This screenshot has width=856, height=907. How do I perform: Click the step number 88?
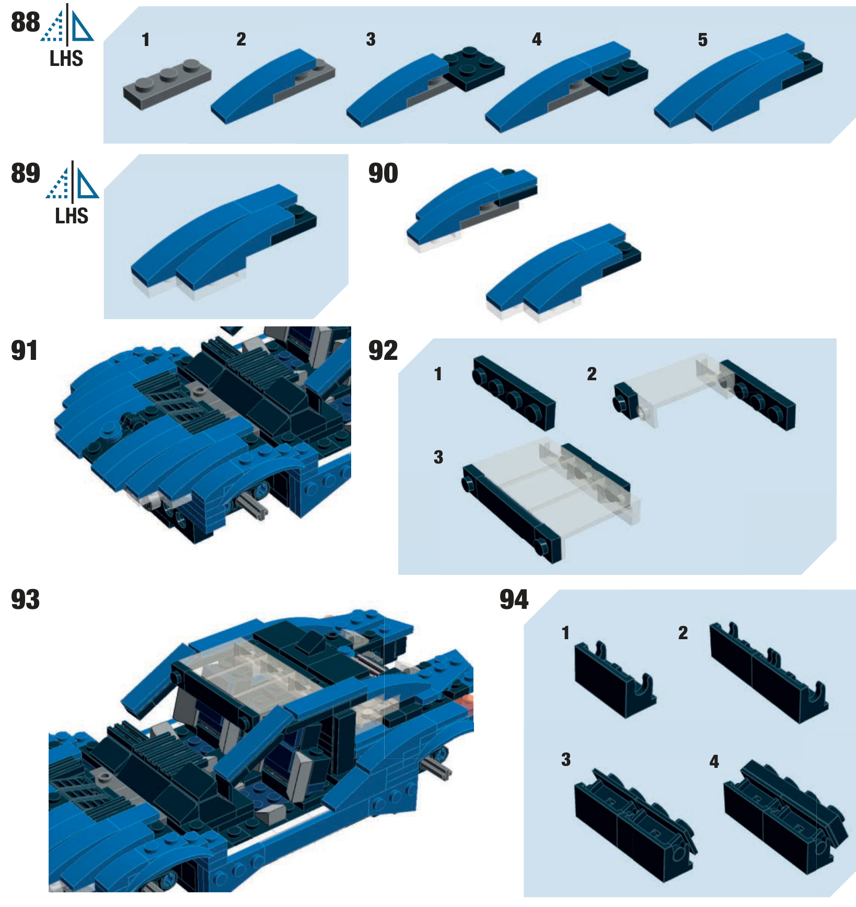tap(25, 22)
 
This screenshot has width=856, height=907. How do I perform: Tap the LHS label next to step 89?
tap(72, 216)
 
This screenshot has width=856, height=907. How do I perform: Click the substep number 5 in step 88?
tap(702, 40)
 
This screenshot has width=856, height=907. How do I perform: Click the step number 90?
tap(383, 173)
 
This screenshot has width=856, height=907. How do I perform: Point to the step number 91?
tap(25, 350)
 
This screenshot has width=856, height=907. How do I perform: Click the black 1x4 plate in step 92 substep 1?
tap(514, 392)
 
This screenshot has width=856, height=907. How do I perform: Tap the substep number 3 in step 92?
tap(438, 457)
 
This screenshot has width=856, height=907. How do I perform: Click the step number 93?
tap(25, 599)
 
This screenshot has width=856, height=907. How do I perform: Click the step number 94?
tap(514, 599)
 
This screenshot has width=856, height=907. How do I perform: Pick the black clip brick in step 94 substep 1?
tap(614, 683)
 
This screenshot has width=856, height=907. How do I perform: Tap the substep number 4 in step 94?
tap(714, 761)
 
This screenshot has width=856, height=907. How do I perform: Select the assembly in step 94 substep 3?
tap(632, 826)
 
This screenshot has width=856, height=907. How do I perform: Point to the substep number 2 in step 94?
tap(683, 633)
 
